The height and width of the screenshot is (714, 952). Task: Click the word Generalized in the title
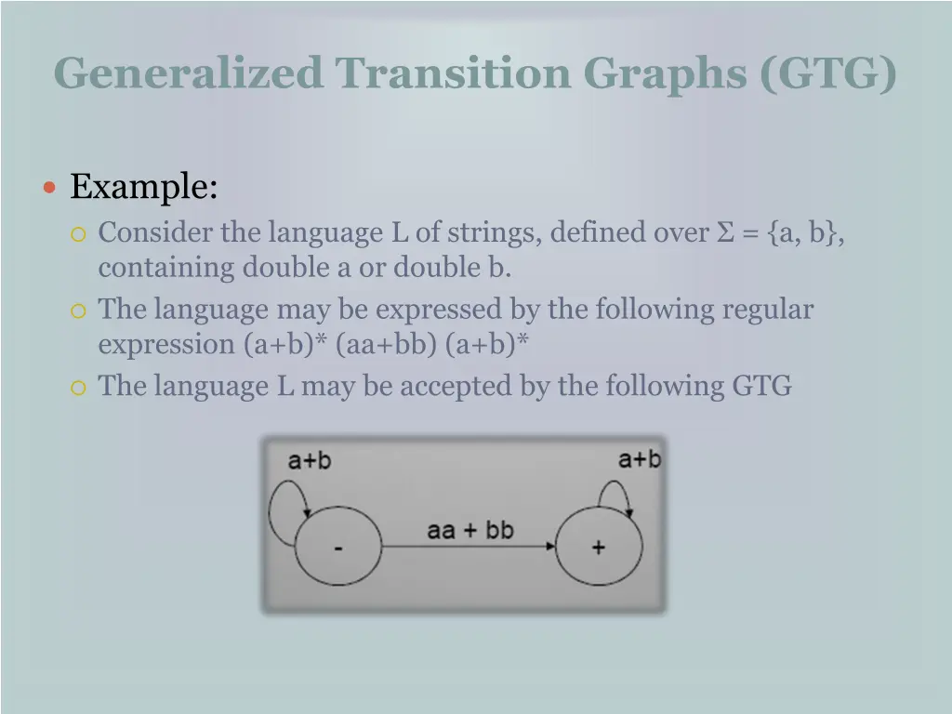click(x=188, y=73)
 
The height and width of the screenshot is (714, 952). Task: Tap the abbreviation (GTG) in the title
click(x=828, y=73)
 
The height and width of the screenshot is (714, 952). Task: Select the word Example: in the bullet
click(x=144, y=187)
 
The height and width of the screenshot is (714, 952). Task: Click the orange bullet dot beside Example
click(x=51, y=188)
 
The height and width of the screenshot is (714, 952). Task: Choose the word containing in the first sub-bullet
click(x=167, y=268)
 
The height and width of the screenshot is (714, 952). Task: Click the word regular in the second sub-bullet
click(x=767, y=309)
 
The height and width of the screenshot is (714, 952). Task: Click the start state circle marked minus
click(x=337, y=548)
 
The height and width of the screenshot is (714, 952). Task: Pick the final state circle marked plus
click(x=598, y=548)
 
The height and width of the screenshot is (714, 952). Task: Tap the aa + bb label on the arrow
click(x=469, y=530)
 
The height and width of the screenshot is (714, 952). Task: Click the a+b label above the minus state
click(x=309, y=460)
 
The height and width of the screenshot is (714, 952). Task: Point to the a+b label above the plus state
click(x=640, y=458)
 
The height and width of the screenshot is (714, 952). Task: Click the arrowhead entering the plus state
click(x=549, y=547)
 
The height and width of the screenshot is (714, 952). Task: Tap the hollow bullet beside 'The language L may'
click(x=78, y=387)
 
